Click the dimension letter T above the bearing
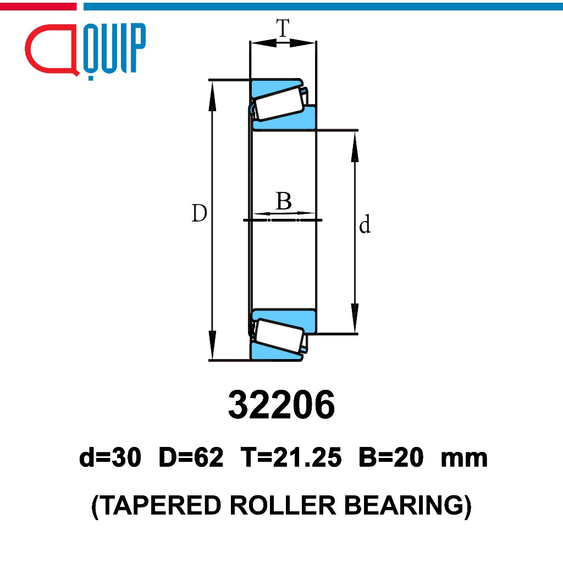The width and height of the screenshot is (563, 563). [283, 27]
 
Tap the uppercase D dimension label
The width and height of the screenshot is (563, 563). [199, 213]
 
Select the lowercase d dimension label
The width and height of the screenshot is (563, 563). [365, 224]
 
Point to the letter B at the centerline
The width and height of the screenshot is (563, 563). [284, 201]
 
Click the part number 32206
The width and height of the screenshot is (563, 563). [281, 405]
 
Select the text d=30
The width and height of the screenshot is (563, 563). [110, 457]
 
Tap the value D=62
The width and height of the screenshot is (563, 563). [191, 457]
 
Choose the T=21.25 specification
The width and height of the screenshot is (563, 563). [291, 457]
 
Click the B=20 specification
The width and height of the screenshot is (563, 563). [391, 457]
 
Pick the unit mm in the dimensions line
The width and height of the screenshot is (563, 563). [464, 460]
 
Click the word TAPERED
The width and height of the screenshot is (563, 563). [160, 505]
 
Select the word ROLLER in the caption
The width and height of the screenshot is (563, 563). [283, 505]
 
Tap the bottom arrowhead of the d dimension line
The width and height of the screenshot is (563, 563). [355, 318]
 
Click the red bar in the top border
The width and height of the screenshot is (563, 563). [38, 7]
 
